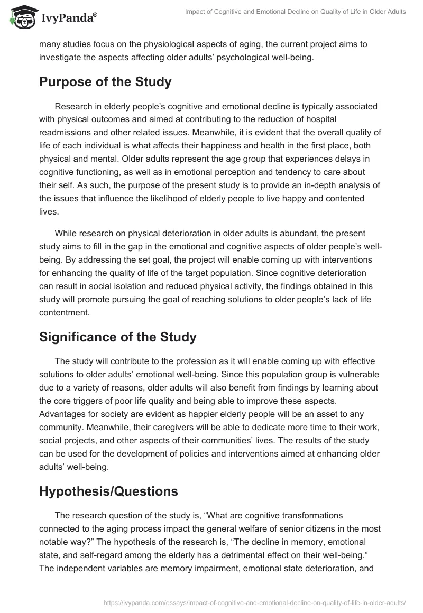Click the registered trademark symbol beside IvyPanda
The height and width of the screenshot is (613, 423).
pos(95,15)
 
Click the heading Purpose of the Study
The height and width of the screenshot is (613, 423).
pos(105,82)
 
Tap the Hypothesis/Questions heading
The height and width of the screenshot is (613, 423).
pos(108,491)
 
